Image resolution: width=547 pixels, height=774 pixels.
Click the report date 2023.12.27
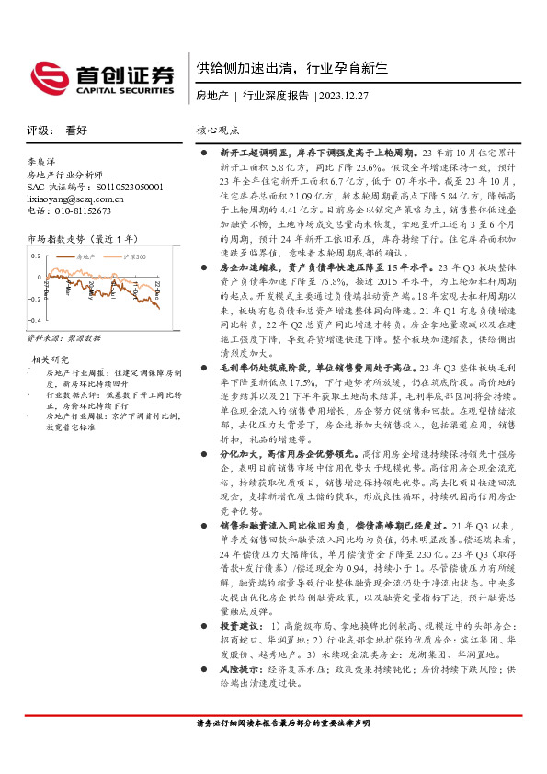(x=346, y=96)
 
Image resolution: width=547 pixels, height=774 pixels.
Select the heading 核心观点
(x=221, y=131)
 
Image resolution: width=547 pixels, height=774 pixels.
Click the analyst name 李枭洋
(x=41, y=160)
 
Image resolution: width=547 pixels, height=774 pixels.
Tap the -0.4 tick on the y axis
(x=34, y=320)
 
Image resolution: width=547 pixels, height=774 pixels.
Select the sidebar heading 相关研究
(x=51, y=359)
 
